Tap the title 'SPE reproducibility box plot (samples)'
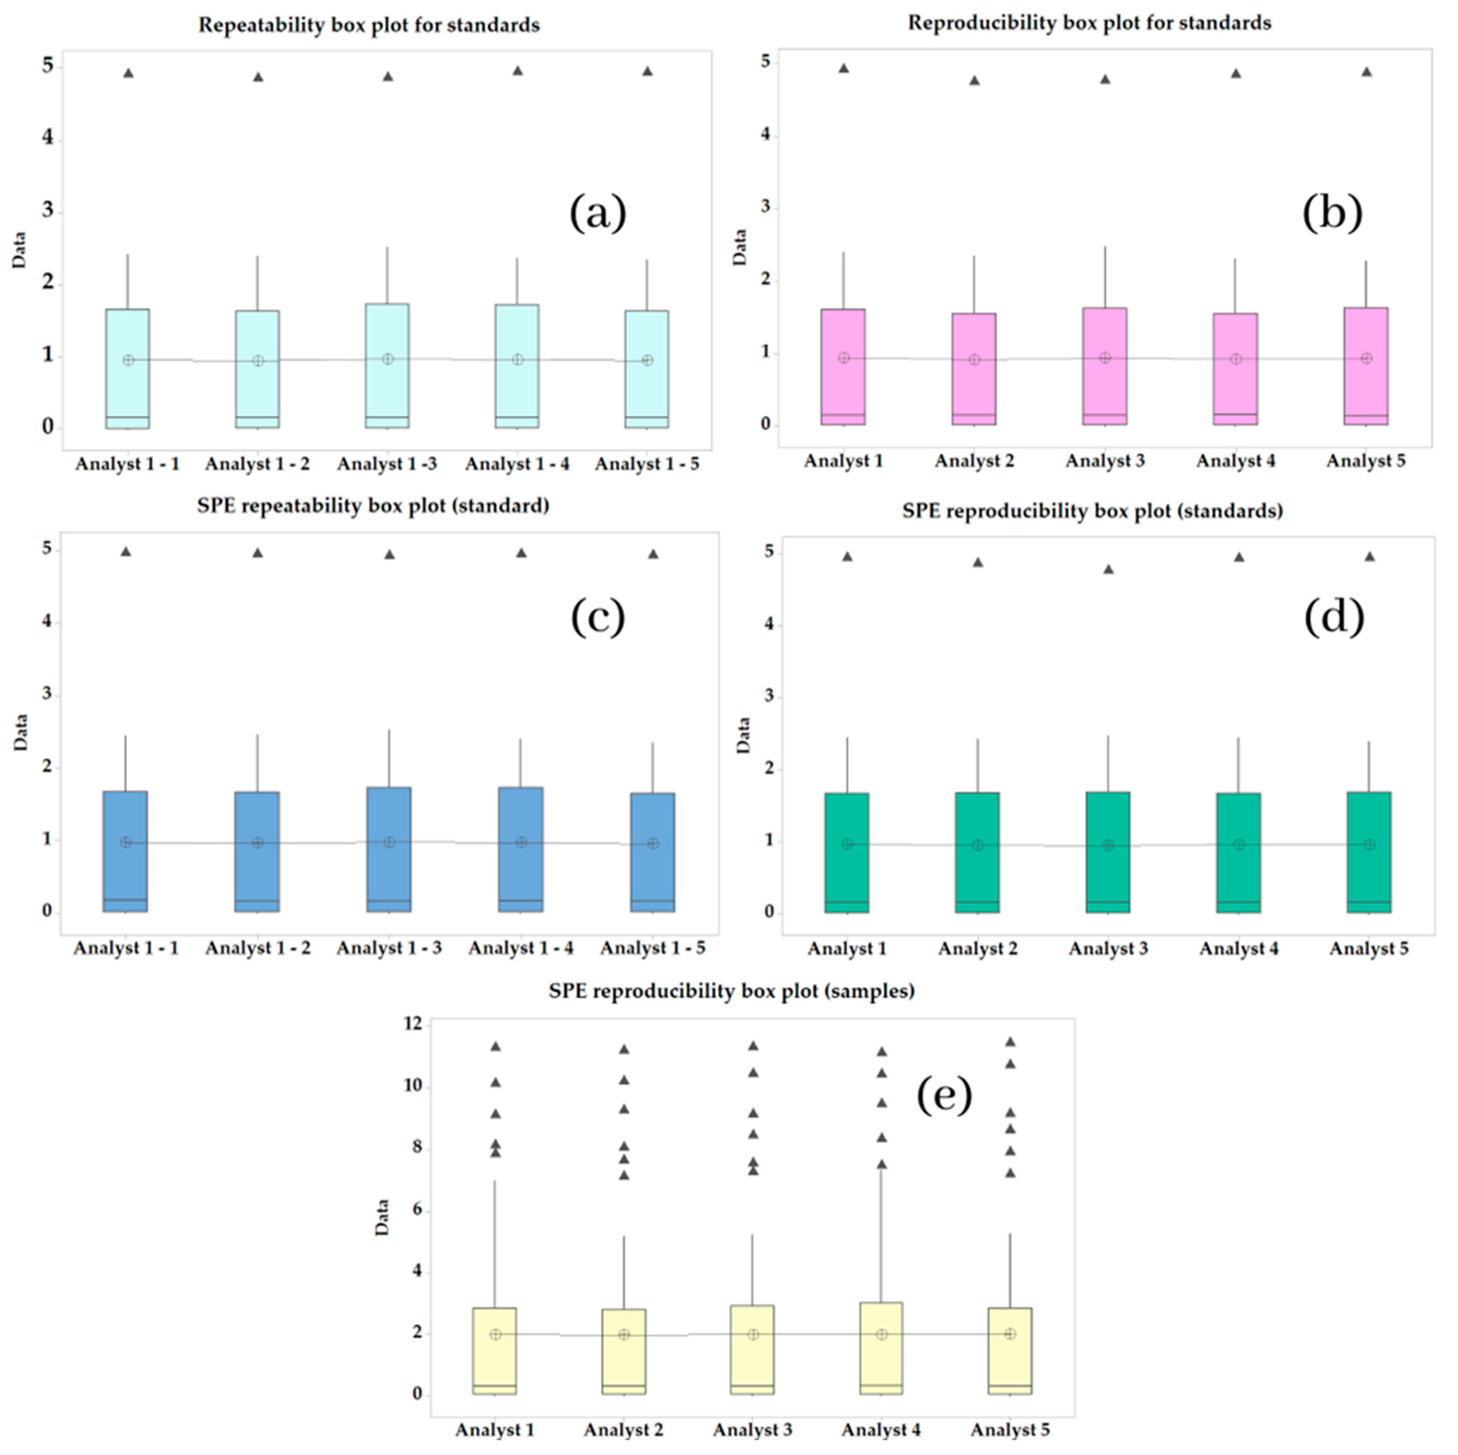point(731,990)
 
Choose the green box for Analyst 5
point(1369,852)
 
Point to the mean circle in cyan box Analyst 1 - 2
point(258,360)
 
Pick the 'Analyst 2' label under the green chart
point(978,949)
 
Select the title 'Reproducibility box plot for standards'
point(1089,23)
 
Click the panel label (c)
point(598,618)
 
